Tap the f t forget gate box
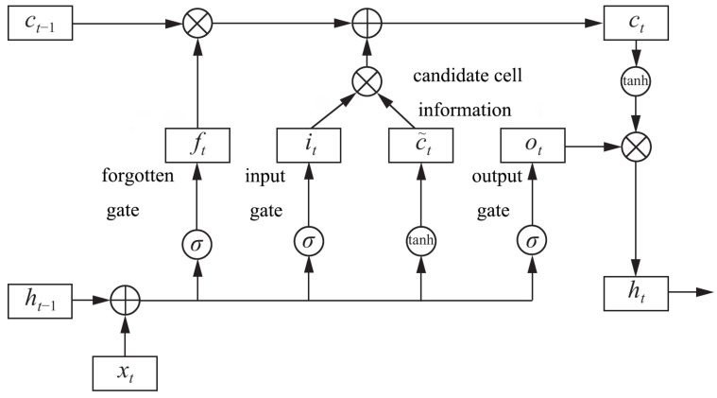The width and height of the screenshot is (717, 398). (198, 147)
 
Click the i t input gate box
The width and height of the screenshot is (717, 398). (309, 147)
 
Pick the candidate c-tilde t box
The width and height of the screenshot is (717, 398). (420, 147)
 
